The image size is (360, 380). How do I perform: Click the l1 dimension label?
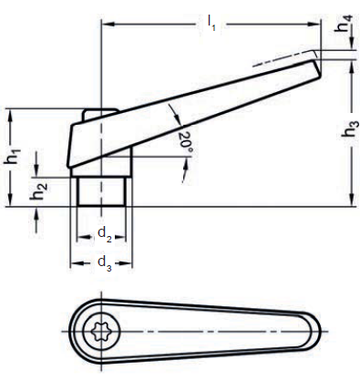click(x=211, y=24)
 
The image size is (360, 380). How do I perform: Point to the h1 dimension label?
click(x=13, y=156)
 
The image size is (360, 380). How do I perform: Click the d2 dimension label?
click(x=105, y=234)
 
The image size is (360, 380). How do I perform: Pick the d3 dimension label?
click(x=105, y=263)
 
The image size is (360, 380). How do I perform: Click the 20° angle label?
click(x=185, y=140)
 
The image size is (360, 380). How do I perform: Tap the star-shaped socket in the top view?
click(x=101, y=331)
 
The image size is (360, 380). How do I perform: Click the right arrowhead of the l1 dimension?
click(x=314, y=24)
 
